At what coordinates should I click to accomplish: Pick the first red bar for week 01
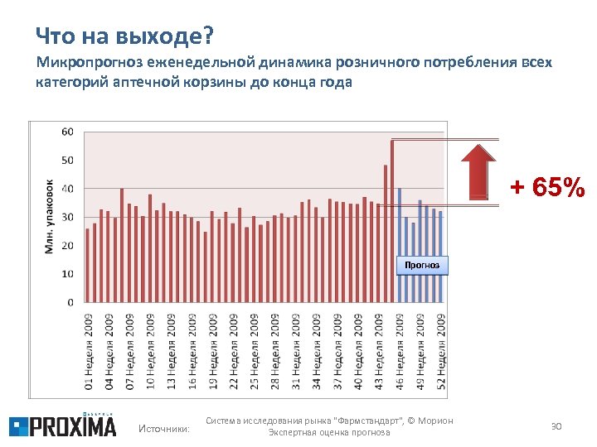88,265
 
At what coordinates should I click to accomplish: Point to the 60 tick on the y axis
67,132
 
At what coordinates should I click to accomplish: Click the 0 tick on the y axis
70,302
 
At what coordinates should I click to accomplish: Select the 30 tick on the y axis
67,217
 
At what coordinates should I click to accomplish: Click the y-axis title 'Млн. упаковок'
50,217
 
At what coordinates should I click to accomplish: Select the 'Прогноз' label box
422,265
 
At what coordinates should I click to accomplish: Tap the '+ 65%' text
546,188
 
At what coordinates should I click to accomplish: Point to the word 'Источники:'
163,428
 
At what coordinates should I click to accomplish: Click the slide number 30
556,425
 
